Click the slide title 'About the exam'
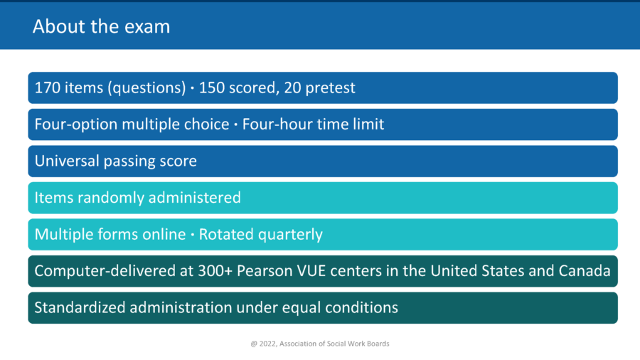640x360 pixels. pyautogui.click(x=101, y=27)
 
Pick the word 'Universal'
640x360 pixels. pyautogui.click(x=65, y=162)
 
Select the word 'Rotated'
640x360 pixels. pyautogui.click(x=227, y=235)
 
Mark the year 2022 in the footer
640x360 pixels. pyautogui.click(x=270, y=344)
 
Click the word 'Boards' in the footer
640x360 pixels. pyautogui.click(x=378, y=344)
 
